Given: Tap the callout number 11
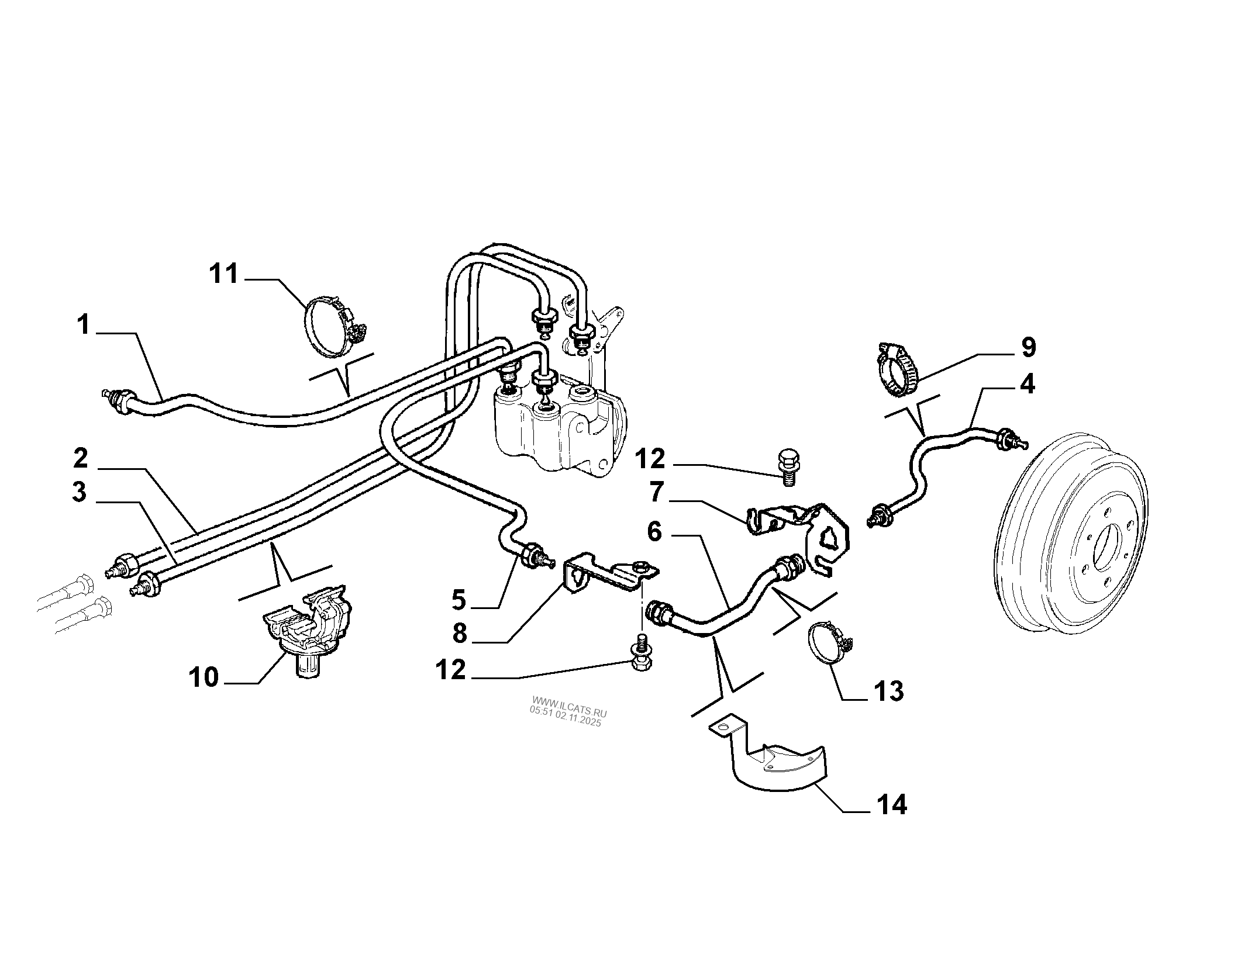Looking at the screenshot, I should coord(225,274).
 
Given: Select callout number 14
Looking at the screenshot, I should coord(891,805).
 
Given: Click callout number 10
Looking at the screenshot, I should coord(204,678).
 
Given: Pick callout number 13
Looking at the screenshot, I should coord(888,691).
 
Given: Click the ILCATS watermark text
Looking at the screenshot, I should coord(568,711).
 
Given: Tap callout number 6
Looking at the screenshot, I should coord(654,532).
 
